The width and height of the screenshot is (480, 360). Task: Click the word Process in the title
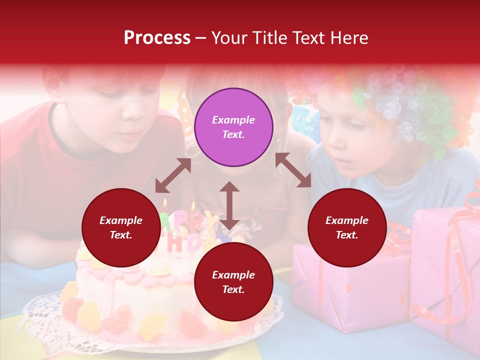point(157,38)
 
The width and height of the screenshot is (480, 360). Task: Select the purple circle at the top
point(233,127)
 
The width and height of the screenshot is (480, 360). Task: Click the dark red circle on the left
point(121,227)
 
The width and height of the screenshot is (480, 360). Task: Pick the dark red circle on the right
point(347,227)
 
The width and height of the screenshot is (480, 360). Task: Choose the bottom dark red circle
point(233,282)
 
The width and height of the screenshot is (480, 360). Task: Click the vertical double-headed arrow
point(229,205)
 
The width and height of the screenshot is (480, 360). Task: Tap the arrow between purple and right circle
point(293,170)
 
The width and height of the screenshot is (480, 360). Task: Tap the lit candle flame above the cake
point(165,203)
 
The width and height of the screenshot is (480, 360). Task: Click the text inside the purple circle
point(233,127)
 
